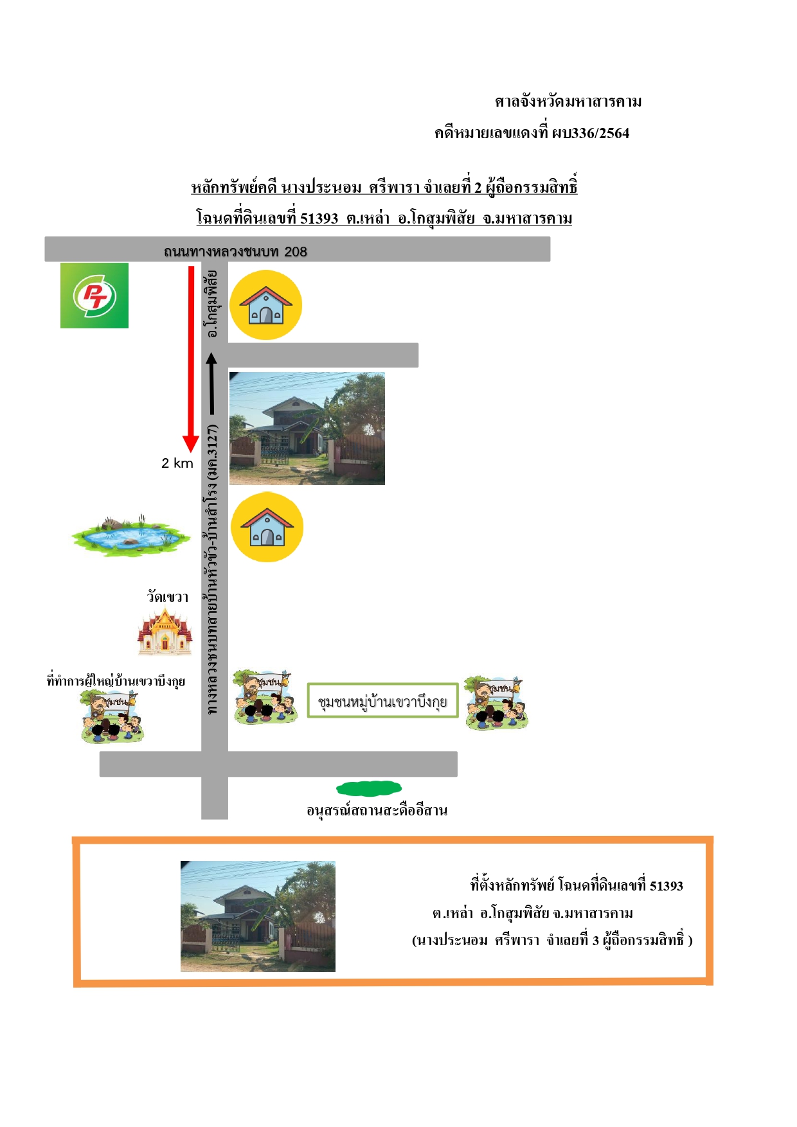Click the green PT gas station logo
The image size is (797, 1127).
[x=94, y=296]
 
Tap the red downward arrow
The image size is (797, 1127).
[x=191, y=359]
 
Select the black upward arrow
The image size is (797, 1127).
[x=211, y=384]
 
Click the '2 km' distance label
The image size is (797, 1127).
[x=177, y=463]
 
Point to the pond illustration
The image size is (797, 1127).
[x=131, y=535]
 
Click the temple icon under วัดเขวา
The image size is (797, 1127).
[x=165, y=632]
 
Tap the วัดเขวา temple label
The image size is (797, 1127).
[x=168, y=597]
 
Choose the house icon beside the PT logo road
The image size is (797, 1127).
[x=266, y=305]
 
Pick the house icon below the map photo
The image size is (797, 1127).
[x=267, y=527]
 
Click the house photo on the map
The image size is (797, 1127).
[x=307, y=428]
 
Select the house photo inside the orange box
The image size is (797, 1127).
[x=258, y=916]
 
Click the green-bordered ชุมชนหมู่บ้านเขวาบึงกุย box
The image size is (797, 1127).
[x=383, y=700]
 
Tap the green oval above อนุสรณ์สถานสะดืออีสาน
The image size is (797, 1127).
[x=369, y=788]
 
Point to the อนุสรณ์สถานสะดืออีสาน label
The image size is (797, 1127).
[x=377, y=810]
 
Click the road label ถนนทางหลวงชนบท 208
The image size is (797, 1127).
[x=235, y=251]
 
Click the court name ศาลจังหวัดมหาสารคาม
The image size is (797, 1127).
[x=568, y=102]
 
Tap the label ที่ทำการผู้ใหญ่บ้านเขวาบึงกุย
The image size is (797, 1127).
[x=116, y=681]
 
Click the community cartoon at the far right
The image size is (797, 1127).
[x=496, y=702]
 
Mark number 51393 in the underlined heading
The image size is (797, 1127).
[x=319, y=218]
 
